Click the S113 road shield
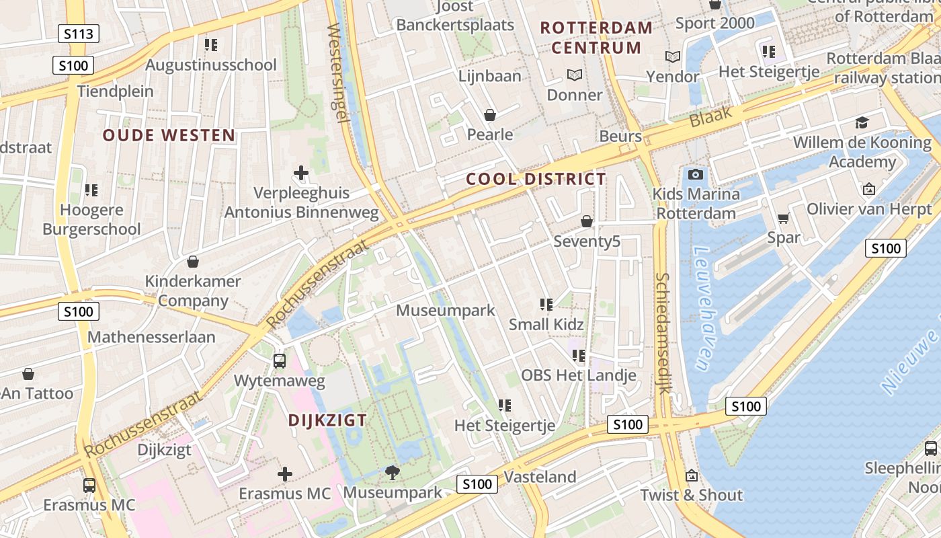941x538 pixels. (x=79, y=34)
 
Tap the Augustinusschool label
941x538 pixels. (x=210, y=65)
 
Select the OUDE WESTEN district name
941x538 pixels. (x=169, y=135)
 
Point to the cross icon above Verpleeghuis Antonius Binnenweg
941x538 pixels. (x=301, y=173)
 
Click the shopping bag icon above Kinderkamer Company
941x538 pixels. (x=193, y=261)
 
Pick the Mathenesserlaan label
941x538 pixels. (x=151, y=337)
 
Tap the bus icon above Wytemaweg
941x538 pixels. (x=280, y=361)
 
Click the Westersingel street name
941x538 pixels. (x=337, y=73)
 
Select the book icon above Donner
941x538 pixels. (x=574, y=75)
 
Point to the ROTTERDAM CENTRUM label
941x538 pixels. (x=596, y=38)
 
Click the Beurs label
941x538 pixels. (x=620, y=137)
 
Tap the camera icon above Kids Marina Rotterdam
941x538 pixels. (x=696, y=175)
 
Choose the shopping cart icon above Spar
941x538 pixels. (x=783, y=218)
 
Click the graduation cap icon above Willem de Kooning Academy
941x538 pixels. (x=862, y=122)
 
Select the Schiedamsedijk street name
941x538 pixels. (x=663, y=333)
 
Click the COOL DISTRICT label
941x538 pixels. (x=536, y=179)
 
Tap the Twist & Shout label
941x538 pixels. (x=691, y=495)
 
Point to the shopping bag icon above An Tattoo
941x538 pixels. (x=28, y=373)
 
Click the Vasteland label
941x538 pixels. (x=540, y=477)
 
